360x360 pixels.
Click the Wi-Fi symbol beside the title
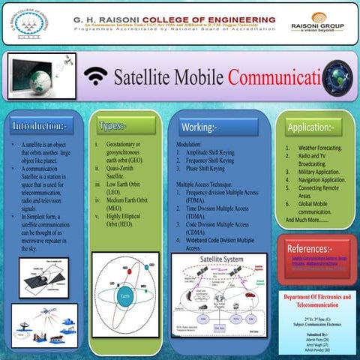pos(95,76)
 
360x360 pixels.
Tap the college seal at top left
pos(22,23)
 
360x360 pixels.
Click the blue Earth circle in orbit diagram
pos(124,296)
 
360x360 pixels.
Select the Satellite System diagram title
pos(220,259)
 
